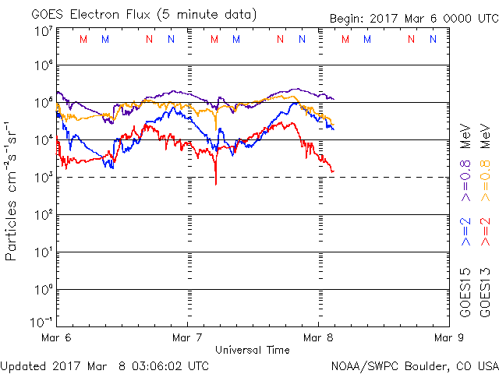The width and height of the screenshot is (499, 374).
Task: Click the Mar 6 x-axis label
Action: coord(56,338)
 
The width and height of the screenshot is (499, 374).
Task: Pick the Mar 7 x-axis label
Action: coord(186,338)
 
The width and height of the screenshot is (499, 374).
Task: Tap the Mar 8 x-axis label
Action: coord(317,338)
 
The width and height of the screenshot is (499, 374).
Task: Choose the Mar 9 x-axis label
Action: coord(445,338)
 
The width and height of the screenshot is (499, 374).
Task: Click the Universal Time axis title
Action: coord(252,350)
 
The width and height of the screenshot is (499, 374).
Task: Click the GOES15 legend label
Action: coord(465,292)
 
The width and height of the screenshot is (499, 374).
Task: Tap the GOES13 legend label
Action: coord(484,292)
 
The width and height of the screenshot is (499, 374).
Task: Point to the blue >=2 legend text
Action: coord(465,231)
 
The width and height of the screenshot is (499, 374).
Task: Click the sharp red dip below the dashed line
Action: coord(215,181)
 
